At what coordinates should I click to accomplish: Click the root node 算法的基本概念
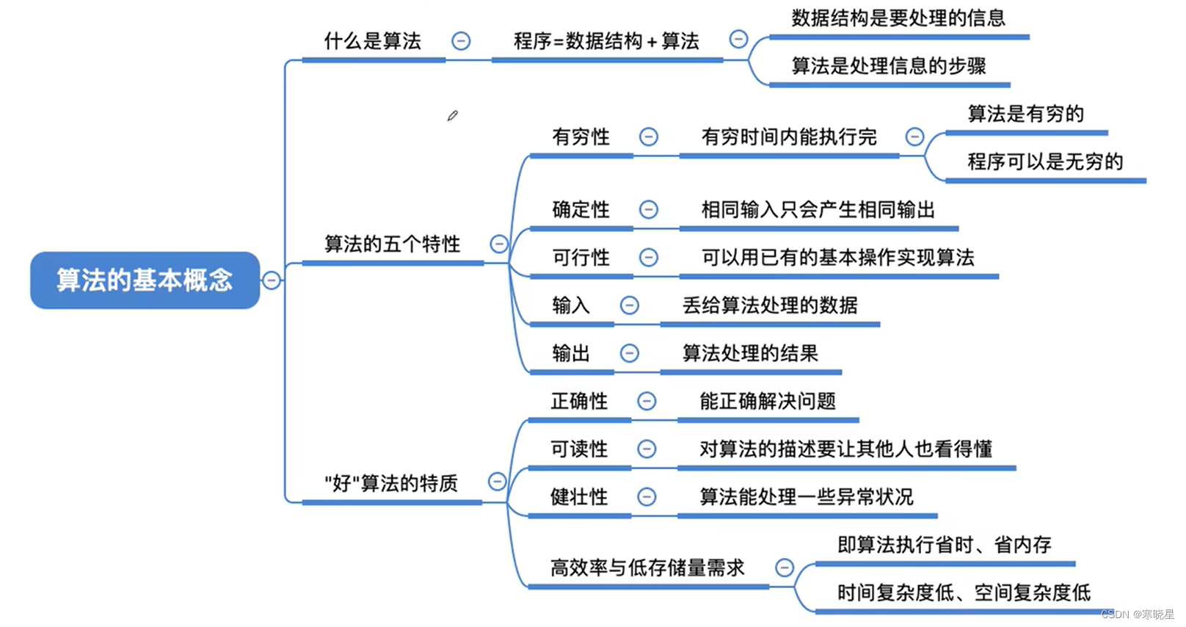click(145, 280)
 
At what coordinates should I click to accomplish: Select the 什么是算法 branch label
click(373, 41)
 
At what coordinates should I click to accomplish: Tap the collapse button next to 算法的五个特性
click(499, 244)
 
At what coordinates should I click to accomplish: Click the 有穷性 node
click(581, 137)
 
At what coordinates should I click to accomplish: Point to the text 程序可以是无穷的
click(1045, 162)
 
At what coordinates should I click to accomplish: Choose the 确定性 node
click(581, 209)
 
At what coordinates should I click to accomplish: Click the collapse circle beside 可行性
click(649, 257)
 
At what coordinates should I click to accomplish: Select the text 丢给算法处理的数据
click(770, 305)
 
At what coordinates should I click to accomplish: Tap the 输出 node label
click(571, 353)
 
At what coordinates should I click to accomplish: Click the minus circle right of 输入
click(630, 305)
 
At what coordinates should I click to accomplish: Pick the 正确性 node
click(579, 401)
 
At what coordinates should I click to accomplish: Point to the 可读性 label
click(579, 449)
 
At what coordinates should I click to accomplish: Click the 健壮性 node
click(579, 497)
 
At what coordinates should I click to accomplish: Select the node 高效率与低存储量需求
click(647, 568)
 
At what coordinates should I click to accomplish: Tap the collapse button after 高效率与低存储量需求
click(785, 568)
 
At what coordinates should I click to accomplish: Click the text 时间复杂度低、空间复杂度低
click(964, 592)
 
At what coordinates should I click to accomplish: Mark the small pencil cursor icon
click(453, 115)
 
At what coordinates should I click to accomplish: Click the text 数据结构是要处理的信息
click(898, 18)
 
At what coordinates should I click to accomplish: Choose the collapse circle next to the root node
click(272, 280)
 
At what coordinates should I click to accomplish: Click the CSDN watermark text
click(1137, 615)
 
